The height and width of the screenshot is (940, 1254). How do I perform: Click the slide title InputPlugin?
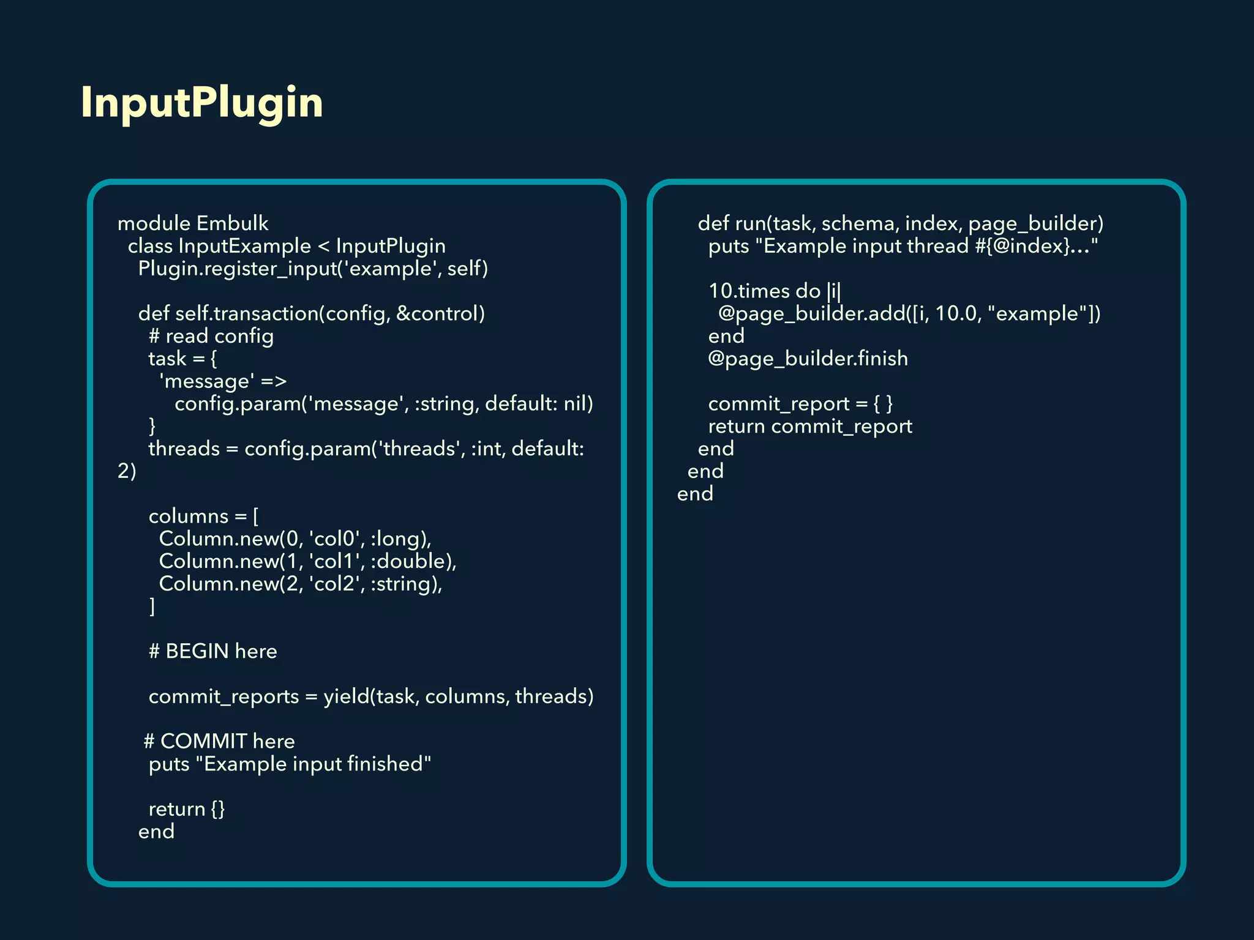pyautogui.click(x=201, y=102)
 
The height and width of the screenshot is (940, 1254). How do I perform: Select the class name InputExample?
pyautogui.click(x=244, y=246)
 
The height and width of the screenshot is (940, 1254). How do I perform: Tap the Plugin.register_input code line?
pyautogui.click(x=312, y=269)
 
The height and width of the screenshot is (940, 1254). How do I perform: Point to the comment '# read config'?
pyautogui.click(x=211, y=336)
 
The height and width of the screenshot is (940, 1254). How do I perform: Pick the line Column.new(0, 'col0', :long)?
pyautogui.click(x=295, y=539)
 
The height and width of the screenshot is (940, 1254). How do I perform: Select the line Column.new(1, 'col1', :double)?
pyautogui.click(x=307, y=561)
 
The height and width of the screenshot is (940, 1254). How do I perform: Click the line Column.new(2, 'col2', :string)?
pyautogui.click(x=300, y=584)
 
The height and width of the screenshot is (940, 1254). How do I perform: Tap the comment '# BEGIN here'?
pyautogui.click(x=212, y=651)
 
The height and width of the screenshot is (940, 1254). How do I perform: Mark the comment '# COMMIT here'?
pyautogui.click(x=219, y=741)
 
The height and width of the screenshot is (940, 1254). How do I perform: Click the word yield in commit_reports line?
pyautogui.click(x=346, y=696)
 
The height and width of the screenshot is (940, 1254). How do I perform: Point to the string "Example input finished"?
pyautogui.click(x=317, y=764)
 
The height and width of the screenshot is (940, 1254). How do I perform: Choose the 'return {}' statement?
pyautogui.click(x=187, y=809)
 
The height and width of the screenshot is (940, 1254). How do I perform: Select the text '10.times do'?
pyautogui.click(x=764, y=291)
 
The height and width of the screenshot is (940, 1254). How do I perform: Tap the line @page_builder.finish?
pyautogui.click(x=808, y=359)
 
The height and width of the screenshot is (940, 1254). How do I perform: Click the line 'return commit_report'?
pyautogui.click(x=809, y=426)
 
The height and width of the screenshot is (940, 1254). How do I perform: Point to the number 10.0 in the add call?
pyautogui.click(x=956, y=313)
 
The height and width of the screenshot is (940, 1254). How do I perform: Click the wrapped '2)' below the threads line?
pyautogui.click(x=127, y=471)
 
